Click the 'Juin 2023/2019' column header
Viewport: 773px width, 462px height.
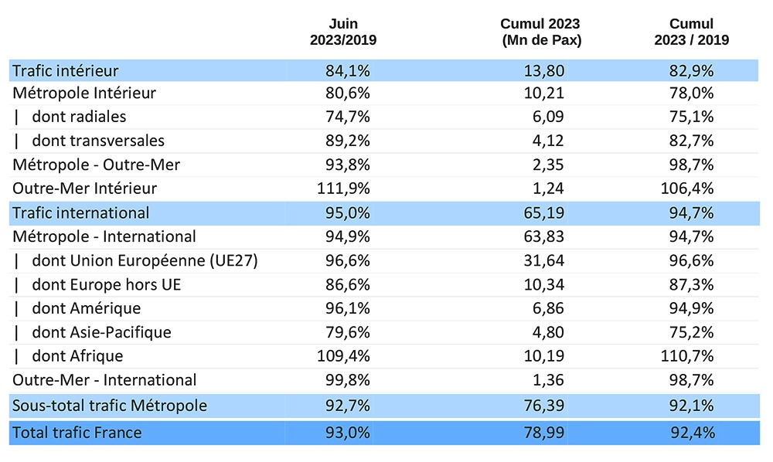(343, 32)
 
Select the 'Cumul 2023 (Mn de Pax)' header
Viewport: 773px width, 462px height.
(540, 32)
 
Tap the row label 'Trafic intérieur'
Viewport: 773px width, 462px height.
(66, 71)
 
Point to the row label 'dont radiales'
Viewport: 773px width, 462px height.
(79, 117)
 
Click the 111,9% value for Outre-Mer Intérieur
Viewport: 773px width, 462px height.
(344, 189)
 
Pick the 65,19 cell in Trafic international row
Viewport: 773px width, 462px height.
(544, 213)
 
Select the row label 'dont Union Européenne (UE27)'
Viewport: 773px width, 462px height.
(145, 261)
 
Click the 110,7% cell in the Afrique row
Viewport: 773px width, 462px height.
(691, 357)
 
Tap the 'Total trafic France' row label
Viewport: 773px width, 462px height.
(77, 433)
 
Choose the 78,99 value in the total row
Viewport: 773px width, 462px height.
(544, 433)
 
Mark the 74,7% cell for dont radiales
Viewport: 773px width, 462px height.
(348, 117)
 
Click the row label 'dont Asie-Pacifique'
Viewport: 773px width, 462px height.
(101, 333)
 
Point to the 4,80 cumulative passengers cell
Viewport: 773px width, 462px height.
(548, 333)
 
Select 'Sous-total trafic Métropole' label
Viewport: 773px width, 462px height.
(110, 406)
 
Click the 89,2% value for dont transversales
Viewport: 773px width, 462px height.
(348, 141)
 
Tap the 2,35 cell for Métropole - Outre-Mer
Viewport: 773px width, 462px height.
(548, 165)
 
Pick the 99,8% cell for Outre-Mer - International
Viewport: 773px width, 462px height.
(348, 381)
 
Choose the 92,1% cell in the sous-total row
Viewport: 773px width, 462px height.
(691, 406)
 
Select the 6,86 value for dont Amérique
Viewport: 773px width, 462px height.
(548, 309)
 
